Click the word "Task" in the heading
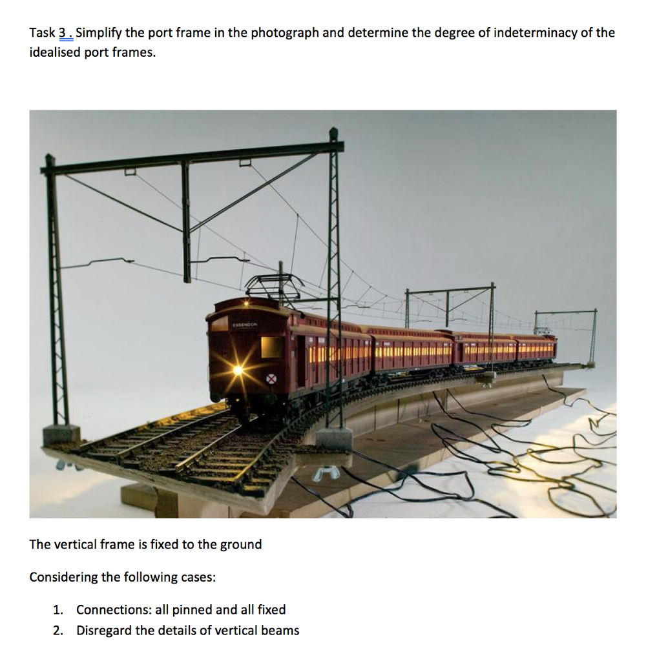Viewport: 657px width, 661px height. (x=42, y=32)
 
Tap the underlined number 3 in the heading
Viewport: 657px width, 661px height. (x=63, y=32)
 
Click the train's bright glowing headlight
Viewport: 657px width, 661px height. (x=238, y=370)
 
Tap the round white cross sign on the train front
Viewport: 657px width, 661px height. (x=272, y=379)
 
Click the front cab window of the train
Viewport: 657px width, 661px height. (x=271, y=347)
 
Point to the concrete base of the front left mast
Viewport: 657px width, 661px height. (x=62, y=434)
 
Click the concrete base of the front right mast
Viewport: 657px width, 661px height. (x=334, y=439)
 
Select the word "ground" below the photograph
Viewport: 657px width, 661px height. (x=241, y=544)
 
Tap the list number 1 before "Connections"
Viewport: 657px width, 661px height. (x=57, y=610)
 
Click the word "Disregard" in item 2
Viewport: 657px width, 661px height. (x=104, y=631)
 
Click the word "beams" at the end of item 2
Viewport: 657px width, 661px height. (x=281, y=631)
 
